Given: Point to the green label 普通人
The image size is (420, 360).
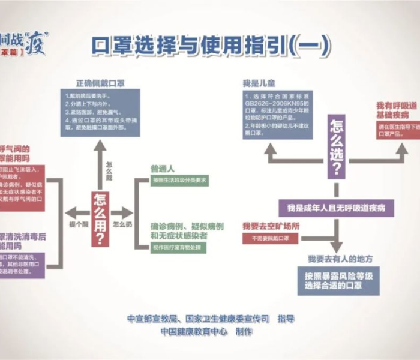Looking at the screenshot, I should pos(163,169).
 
